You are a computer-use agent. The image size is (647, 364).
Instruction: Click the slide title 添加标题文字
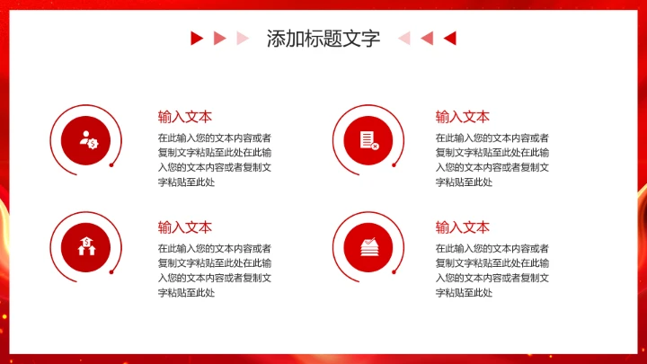tap(323, 39)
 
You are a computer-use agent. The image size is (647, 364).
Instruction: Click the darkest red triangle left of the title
tap(196, 38)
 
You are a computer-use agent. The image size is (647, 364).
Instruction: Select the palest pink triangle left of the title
tap(241, 38)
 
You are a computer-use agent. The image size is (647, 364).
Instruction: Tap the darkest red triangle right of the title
tap(450, 38)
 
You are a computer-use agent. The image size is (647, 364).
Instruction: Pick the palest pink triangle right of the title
tap(404, 38)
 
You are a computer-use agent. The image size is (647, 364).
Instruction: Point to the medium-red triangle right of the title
tap(427, 38)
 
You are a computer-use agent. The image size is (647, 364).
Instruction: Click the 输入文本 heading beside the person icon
tap(185, 116)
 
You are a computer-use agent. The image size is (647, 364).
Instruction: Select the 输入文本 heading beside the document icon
tap(463, 116)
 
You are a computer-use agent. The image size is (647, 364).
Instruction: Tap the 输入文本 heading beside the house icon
tap(185, 226)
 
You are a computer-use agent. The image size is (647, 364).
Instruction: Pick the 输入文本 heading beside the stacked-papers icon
tap(463, 226)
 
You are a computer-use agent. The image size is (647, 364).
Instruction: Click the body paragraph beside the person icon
tap(214, 160)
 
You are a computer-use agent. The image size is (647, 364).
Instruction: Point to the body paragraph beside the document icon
tap(492, 160)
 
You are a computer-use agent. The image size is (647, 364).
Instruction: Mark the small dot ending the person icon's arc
tap(111, 165)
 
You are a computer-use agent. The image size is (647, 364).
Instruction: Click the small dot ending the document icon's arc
tap(393, 164)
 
